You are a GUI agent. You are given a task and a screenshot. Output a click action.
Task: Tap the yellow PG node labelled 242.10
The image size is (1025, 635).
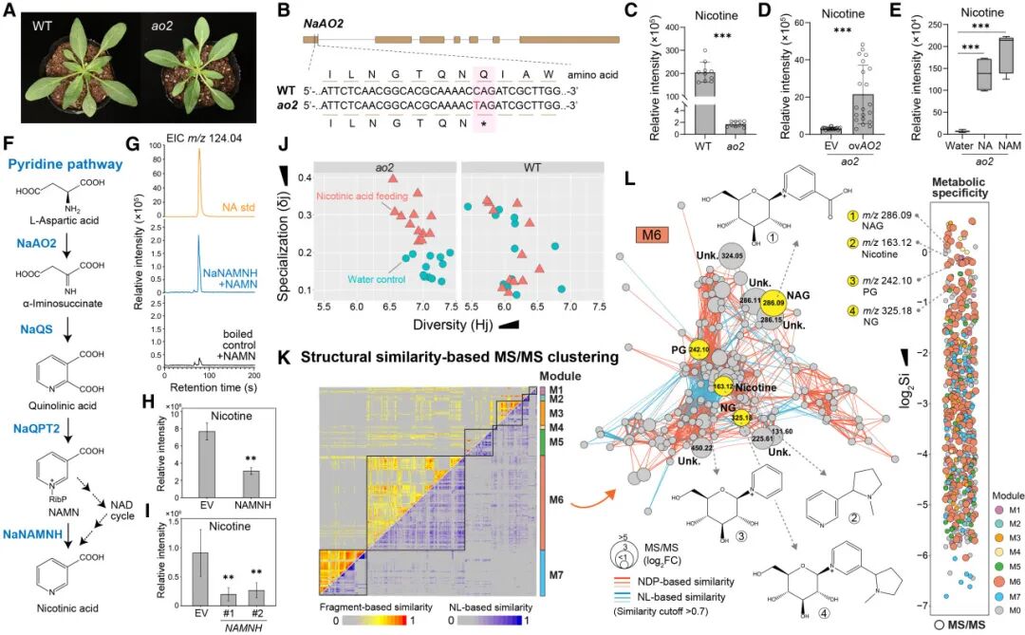coord(700,349)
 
